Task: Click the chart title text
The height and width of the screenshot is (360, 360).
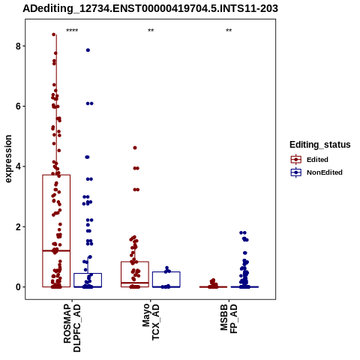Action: coord(150,8)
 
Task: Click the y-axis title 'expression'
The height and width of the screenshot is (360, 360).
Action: coord(8,159)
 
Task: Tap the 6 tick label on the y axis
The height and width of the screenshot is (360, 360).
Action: coord(19,106)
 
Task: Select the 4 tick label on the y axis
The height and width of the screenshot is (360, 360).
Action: coord(19,166)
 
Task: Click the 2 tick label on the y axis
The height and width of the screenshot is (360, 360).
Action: coord(19,226)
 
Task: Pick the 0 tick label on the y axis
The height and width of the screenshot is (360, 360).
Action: coord(19,287)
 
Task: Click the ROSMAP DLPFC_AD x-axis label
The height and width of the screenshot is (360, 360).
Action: coord(72,328)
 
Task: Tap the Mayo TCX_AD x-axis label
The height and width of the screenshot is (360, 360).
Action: coord(151,322)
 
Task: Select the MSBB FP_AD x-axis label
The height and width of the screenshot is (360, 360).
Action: coord(229,319)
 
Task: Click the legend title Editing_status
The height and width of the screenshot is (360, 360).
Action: coord(320,145)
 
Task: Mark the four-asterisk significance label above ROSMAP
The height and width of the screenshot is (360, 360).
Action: coord(72,31)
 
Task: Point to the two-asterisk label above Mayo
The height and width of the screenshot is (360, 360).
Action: coord(151,31)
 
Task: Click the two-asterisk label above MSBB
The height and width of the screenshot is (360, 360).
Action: coord(229,31)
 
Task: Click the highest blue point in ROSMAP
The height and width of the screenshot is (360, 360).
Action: coord(88,50)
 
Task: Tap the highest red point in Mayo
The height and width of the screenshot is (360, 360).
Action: coord(135,148)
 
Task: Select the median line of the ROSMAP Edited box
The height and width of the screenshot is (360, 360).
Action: coord(56,250)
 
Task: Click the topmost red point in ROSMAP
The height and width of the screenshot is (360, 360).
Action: coord(54,34)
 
